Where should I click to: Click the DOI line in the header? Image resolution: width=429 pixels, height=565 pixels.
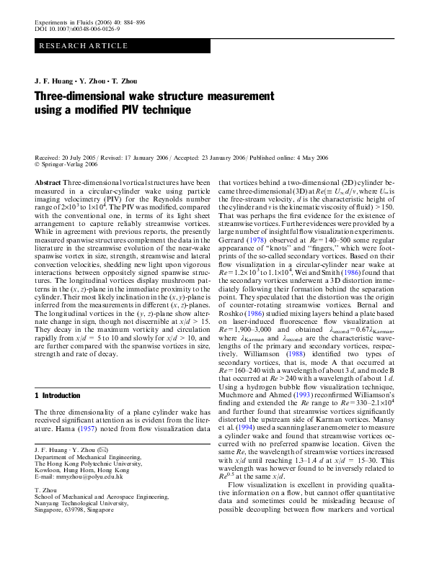click(77, 29)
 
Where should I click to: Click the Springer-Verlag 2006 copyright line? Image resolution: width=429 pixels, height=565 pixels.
click(69, 164)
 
